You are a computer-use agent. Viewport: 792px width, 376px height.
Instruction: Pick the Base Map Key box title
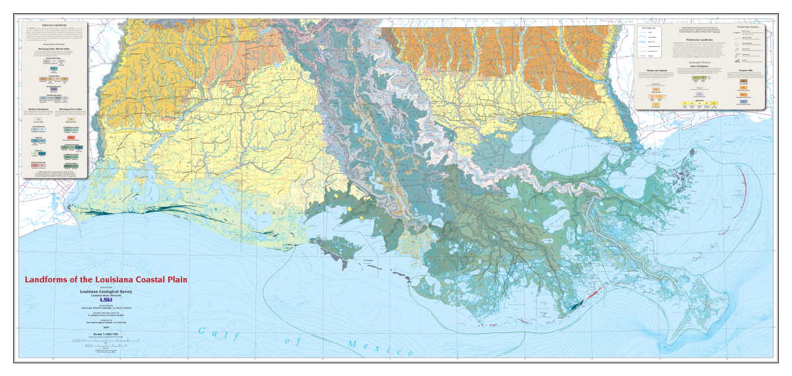point(648,28)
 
